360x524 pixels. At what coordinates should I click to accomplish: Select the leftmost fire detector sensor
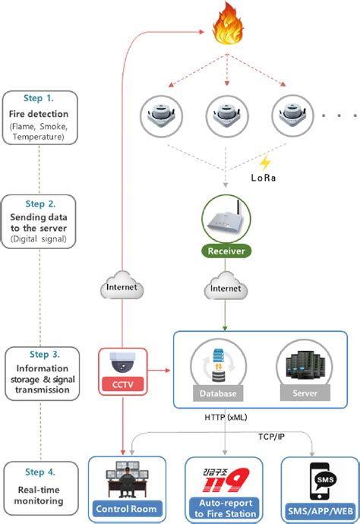(x=161, y=115)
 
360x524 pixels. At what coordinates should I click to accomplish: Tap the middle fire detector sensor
(x=226, y=115)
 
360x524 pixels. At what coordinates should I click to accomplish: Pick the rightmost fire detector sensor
(x=291, y=115)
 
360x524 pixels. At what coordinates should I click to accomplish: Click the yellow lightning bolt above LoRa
(x=265, y=163)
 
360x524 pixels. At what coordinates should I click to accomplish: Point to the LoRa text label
(x=264, y=178)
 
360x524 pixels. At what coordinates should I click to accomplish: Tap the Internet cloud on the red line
(x=123, y=286)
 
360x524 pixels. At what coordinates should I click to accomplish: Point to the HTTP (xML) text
(x=226, y=417)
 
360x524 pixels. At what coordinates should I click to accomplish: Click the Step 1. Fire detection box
(x=39, y=117)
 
